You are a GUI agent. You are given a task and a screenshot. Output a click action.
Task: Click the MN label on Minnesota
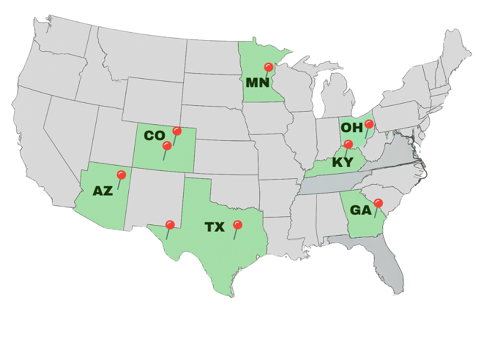pos(257,83)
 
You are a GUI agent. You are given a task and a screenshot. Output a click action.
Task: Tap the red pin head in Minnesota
pos(269,67)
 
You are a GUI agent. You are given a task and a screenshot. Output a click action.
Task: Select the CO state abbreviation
pos(154,136)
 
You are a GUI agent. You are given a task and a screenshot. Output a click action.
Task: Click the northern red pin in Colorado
pos(177,131)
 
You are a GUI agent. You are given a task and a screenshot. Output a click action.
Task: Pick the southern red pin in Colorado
pos(167,146)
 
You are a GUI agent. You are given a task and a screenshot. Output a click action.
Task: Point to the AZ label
pos(103,191)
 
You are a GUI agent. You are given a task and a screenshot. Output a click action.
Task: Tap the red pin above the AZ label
pos(121,175)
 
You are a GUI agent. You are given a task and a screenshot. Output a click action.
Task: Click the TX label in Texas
pos(215,227)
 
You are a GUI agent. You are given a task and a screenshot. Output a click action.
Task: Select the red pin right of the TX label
pos(238,225)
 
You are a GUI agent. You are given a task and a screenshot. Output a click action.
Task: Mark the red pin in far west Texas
pos(170,225)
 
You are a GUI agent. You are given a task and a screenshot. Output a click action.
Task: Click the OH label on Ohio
pos(352,127)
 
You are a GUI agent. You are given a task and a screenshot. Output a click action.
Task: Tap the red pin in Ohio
pos(369,124)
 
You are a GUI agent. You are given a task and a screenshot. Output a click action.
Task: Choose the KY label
pos(342,163)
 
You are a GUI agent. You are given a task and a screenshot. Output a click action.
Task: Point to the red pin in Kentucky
pos(348,144)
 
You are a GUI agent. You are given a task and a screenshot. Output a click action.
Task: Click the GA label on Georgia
pos(361,210)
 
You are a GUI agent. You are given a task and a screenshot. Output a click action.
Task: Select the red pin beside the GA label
pos(378,203)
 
